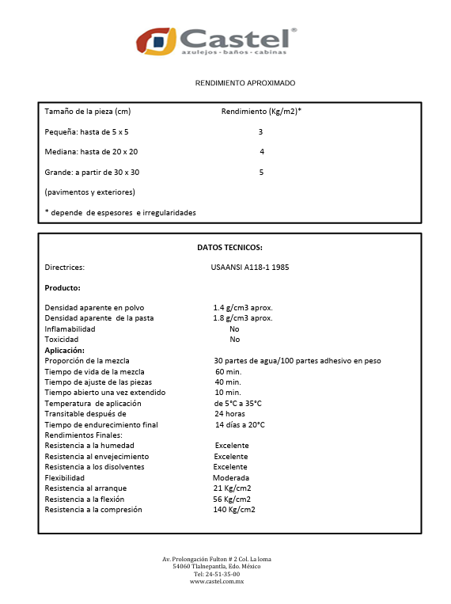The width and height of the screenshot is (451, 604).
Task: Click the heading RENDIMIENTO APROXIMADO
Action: click(245, 83)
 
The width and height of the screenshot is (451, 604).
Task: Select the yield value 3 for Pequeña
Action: click(260, 131)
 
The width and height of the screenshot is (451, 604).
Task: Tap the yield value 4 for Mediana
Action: click(261, 152)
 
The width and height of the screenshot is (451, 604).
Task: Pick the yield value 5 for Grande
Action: click(261, 172)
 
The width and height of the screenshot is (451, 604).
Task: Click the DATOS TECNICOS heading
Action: click(229, 248)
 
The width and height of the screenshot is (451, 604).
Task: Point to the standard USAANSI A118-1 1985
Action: click(256, 268)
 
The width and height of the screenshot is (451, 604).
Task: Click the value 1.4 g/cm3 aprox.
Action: click(242, 307)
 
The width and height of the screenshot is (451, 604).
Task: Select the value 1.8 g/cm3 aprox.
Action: click(242, 318)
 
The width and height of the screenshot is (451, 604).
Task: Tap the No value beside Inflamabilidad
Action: click(234, 329)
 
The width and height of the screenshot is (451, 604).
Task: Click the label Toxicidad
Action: click(62, 340)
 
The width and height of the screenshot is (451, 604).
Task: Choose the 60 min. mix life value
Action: click(228, 371)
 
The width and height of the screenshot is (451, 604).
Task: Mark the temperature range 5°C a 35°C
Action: click(237, 404)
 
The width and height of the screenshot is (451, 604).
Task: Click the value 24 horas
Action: click(229, 414)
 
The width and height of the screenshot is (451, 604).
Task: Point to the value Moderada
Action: click(231, 478)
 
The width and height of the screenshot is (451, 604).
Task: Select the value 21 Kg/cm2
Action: click(232, 488)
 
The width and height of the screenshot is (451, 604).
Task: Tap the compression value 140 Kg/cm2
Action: click(234, 510)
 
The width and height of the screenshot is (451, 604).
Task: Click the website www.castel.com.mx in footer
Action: click(217, 582)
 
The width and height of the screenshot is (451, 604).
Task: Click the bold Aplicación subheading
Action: click(64, 350)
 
